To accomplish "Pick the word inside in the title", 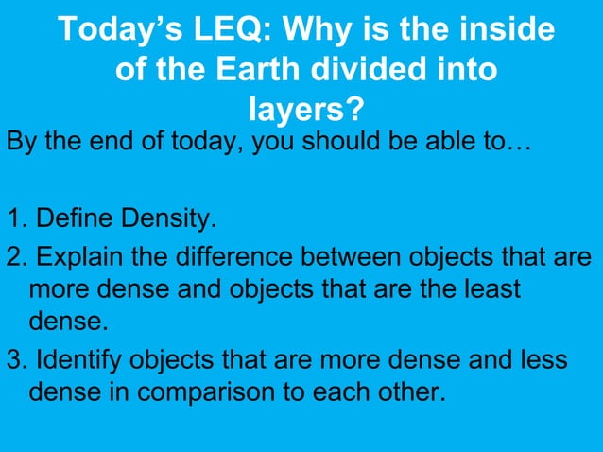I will [498, 30].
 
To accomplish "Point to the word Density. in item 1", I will [166, 221].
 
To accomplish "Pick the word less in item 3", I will [544, 360].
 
